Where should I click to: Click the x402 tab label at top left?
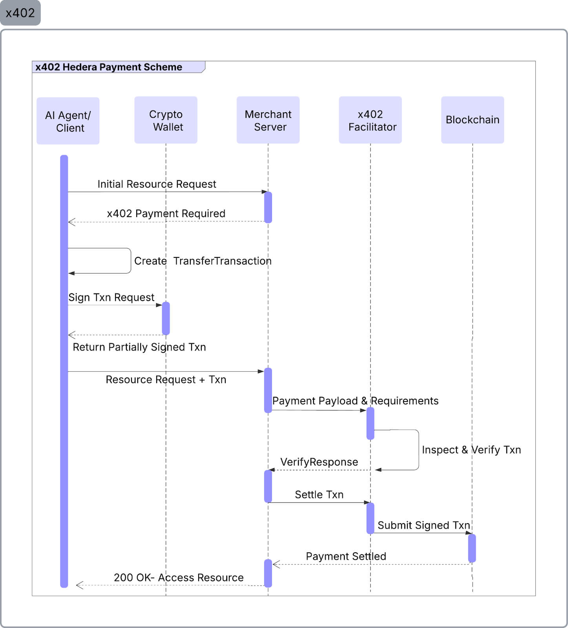[x=20, y=13]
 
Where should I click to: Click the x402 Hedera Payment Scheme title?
[x=109, y=67]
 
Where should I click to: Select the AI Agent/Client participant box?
[x=68, y=121]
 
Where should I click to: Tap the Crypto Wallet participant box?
[x=166, y=120]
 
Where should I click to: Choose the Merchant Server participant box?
[x=268, y=120]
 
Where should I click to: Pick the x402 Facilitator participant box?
[x=370, y=120]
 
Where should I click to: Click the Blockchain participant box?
[x=472, y=120]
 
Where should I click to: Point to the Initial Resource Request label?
[x=157, y=184]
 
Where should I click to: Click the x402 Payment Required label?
[x=166, y=214]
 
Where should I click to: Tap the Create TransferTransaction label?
[x=203, y=261]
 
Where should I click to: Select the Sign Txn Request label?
[x=111, y=298]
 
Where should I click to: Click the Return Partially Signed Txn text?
[x=139, y=347]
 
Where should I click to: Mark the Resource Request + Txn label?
[x=166, y=380]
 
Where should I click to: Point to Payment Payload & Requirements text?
[x=355, y=401]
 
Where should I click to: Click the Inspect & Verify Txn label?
[x=471, y=450]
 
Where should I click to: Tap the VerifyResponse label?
[x=319, y=462]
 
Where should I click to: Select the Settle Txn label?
[x=319, y=495]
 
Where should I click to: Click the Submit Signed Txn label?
[x=424, y=525]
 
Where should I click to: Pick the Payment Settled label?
[x=346, y=556]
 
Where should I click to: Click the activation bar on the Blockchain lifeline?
[x=472, y=548]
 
